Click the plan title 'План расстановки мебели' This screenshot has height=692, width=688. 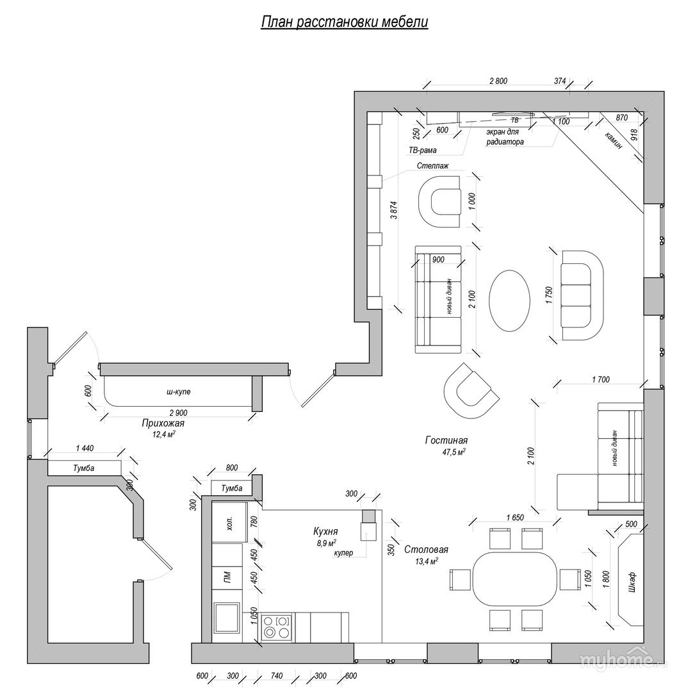click(344, 22)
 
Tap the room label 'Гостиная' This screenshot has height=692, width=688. click(446, 440)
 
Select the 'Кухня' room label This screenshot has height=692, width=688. click(325, 531)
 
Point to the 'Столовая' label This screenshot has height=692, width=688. click(426, 550)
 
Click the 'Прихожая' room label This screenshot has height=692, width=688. click(163, 424)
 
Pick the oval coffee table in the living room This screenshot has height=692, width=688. click(509, 301)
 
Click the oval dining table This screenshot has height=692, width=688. click(515, 579)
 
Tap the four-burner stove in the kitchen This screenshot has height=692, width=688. click(277, 627)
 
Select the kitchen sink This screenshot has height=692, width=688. click(227, 618)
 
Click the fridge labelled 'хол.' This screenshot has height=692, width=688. click(229, 522)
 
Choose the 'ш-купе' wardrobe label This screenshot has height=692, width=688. click(178, 391)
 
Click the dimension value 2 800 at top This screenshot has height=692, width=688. click(498, 81)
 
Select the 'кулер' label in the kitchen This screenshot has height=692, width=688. click(343, 552)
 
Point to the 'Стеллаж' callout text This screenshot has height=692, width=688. click(433, 166)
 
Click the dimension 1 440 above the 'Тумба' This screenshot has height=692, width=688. click(85, 449)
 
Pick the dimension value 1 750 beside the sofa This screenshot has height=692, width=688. click(549, 295)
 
